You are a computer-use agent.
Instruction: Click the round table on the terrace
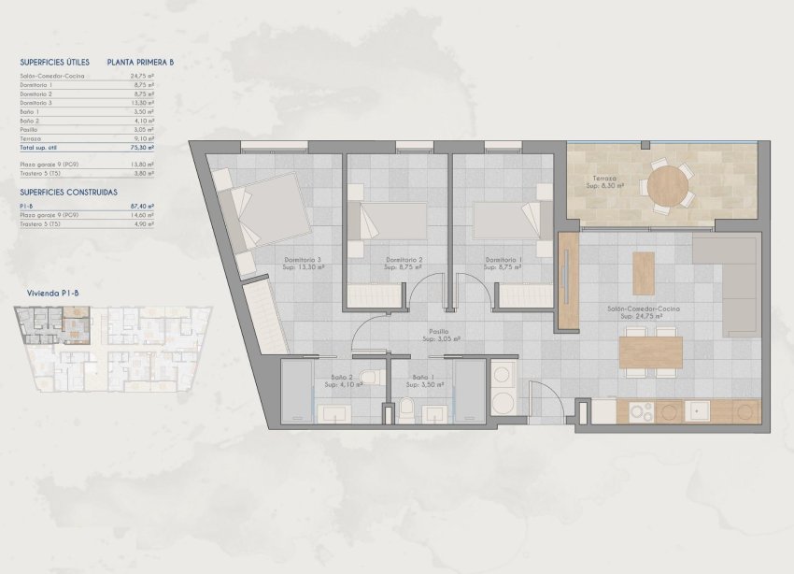pyautogui.click(x=667, y=184)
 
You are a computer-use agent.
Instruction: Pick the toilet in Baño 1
pyautogui.click(x=408, y=408)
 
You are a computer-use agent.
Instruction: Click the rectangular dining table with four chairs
pyautogui.click(x=651, y=352)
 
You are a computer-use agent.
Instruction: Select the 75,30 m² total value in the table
pyautogui.click(x=143, y=147)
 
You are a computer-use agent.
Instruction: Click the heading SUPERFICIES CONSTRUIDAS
pyautogui.click(x=68, y=192)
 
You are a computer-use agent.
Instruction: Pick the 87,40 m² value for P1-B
pyautogui.click(x=143, y=206)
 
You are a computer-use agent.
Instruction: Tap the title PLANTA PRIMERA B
pyautogui.click(x=141, y=62)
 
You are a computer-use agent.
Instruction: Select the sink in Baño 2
pyautogui.click(x=334, y=411)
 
